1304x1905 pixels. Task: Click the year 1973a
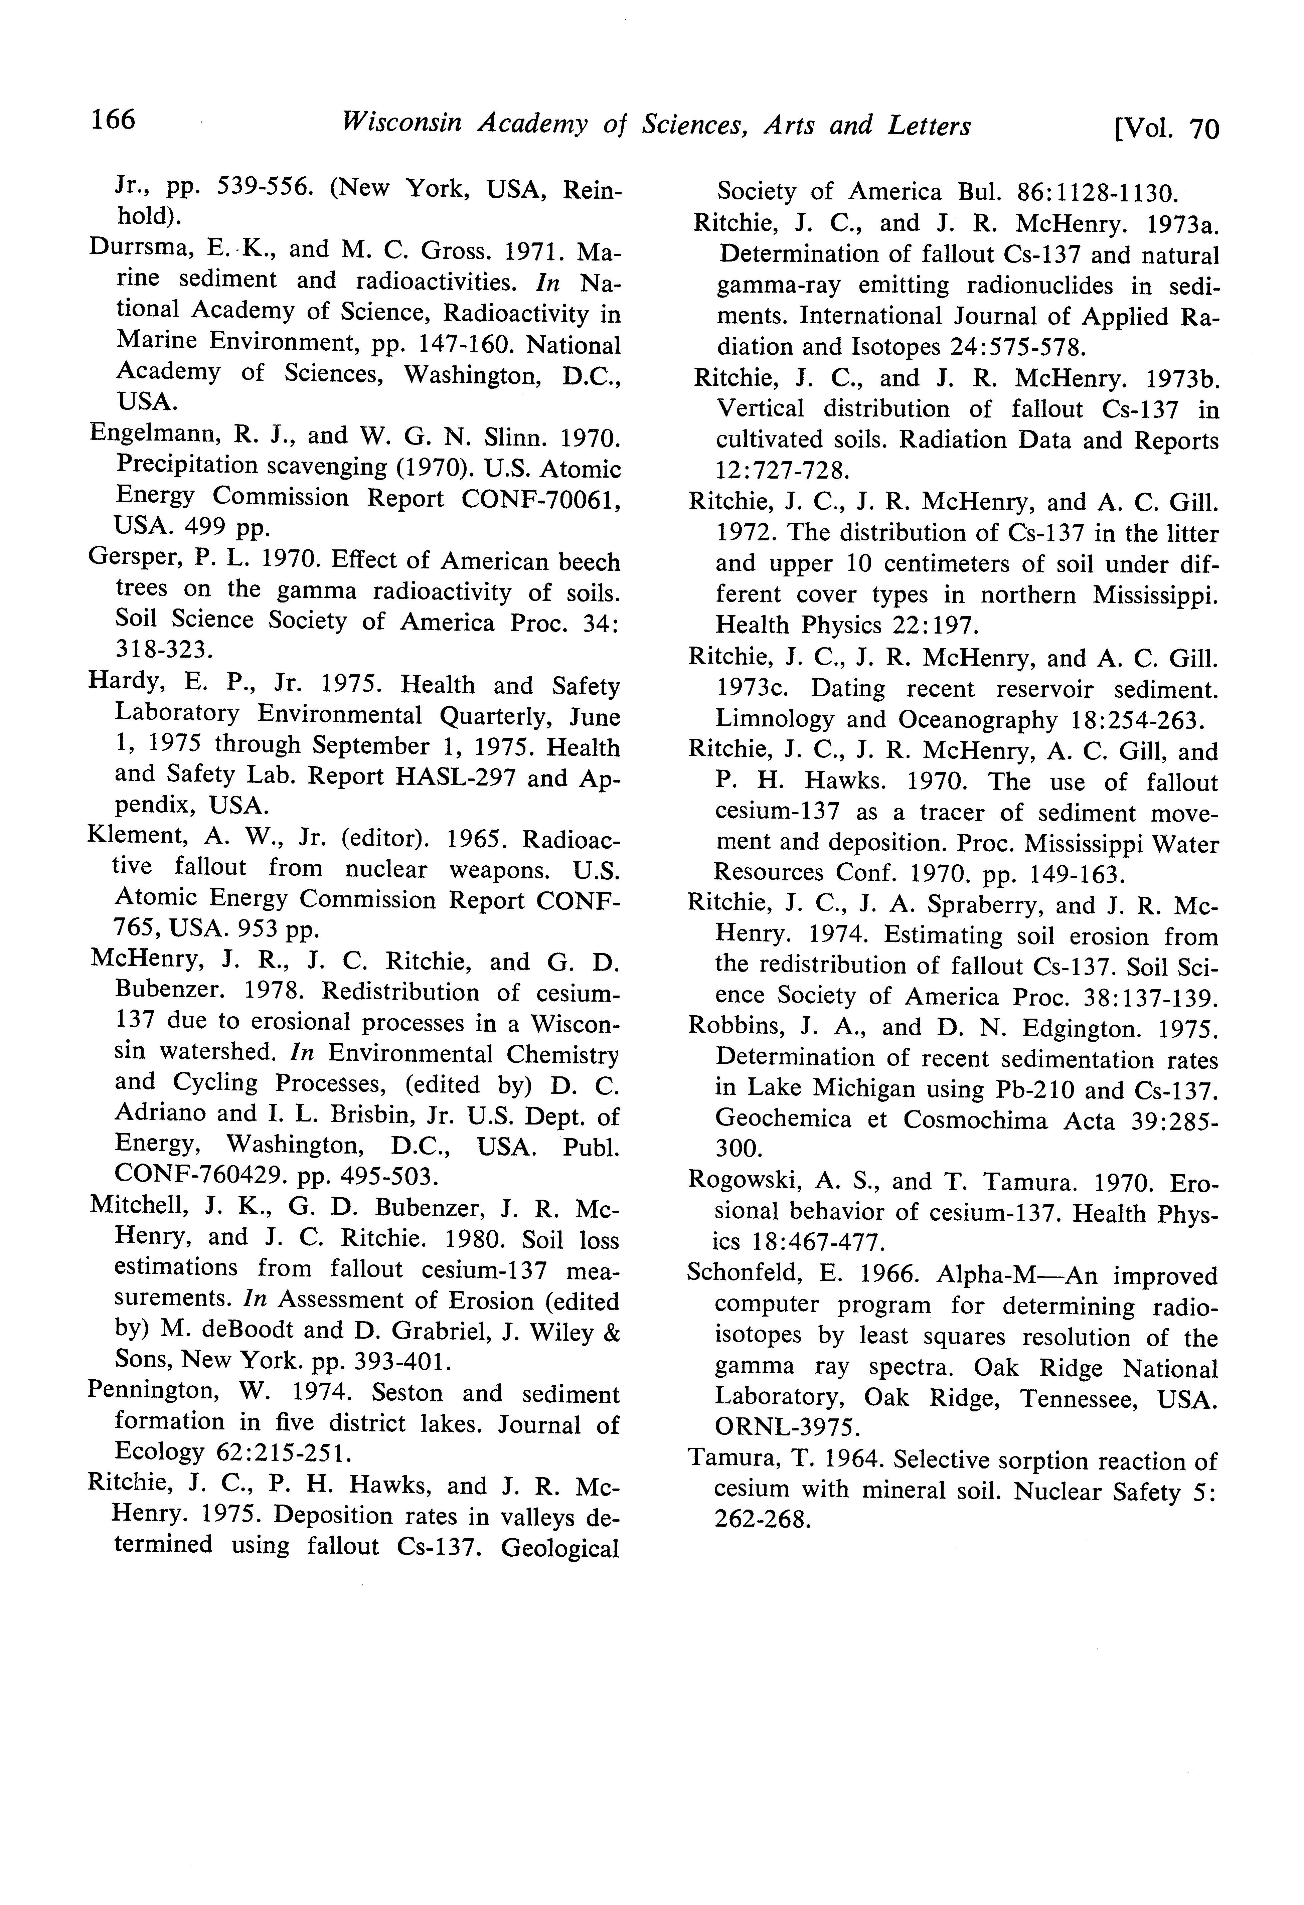1177,223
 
